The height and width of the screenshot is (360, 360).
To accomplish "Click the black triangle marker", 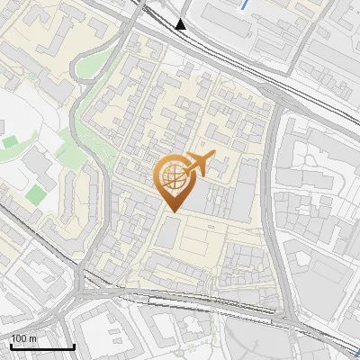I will pos(182,24).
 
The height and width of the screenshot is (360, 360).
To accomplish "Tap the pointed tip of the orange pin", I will pos(171,211).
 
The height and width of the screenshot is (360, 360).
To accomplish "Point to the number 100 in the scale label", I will pos(19,338).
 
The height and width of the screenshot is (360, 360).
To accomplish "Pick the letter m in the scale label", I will pos(33,338).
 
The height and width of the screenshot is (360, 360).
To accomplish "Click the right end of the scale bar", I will pos(74,346).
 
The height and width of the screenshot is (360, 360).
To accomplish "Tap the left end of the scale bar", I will pos(11,346).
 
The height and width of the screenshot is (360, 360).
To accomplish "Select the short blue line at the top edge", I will pos(245,4).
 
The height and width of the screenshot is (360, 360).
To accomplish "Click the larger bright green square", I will pos(35,194).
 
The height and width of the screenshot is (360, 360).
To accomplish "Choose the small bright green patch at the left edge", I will pos(9,142).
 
